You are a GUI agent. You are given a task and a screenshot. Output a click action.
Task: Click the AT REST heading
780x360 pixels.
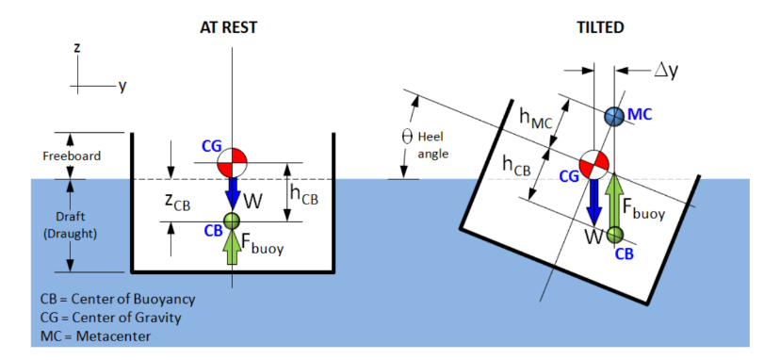(229, 27)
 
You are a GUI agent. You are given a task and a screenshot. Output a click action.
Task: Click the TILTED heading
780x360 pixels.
(599, 27)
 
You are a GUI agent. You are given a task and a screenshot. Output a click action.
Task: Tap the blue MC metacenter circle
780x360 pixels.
(614, 116)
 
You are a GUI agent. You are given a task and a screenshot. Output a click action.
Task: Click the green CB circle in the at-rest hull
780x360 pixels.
(232, 221)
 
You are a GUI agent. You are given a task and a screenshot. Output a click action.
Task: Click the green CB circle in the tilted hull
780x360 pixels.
(615, 233)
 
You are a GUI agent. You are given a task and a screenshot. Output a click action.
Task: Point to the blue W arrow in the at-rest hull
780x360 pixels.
(232, 196)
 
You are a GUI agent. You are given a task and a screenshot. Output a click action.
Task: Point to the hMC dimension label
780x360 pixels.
(535, 116)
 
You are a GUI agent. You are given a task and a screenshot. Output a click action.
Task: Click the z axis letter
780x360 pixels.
(76, 46)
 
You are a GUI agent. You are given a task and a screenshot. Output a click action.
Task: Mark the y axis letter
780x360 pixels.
(122, 86)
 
